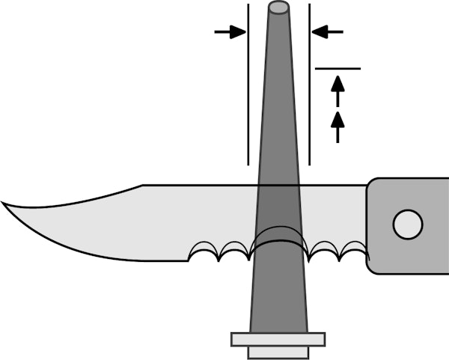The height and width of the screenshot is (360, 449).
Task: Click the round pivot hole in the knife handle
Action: tap(408, 224)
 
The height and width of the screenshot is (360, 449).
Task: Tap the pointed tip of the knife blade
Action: tap(3, 202)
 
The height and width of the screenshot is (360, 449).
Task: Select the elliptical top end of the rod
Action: tap(279, 8)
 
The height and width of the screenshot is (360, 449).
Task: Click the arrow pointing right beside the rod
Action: tap(230, 31)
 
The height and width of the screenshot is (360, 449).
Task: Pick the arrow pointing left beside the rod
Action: tap(327, 31)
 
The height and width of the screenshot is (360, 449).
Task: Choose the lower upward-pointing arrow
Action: tap(337, 126)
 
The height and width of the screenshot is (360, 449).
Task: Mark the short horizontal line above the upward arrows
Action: tap(337, 68)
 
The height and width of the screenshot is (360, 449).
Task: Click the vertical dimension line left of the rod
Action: tap(248, 90)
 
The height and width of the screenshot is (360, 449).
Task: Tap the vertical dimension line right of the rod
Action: tap(309, 90)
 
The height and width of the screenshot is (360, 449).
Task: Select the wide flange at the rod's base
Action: tap(278, 340)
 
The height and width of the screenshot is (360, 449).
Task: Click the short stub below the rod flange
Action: tap(278, 353)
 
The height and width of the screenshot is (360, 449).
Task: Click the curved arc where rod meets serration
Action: tap(278, 240)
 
